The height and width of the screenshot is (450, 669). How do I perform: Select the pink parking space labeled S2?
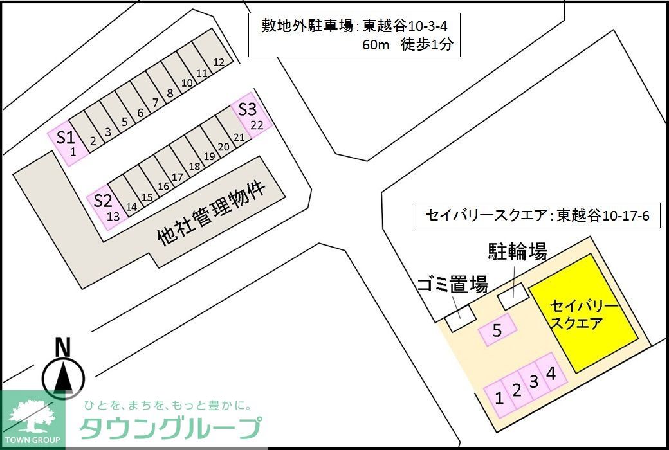pos(106,207)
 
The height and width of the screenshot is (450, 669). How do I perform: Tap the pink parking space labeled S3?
pos(251,116)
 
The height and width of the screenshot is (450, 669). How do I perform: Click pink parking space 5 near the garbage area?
pos(497,330)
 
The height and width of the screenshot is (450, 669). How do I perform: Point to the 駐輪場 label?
pos(517,252)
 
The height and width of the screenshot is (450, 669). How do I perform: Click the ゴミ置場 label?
pos(452,285)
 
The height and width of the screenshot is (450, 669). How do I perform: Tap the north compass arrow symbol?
pos(63,376)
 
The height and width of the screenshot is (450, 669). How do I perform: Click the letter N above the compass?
pos(62,347)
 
